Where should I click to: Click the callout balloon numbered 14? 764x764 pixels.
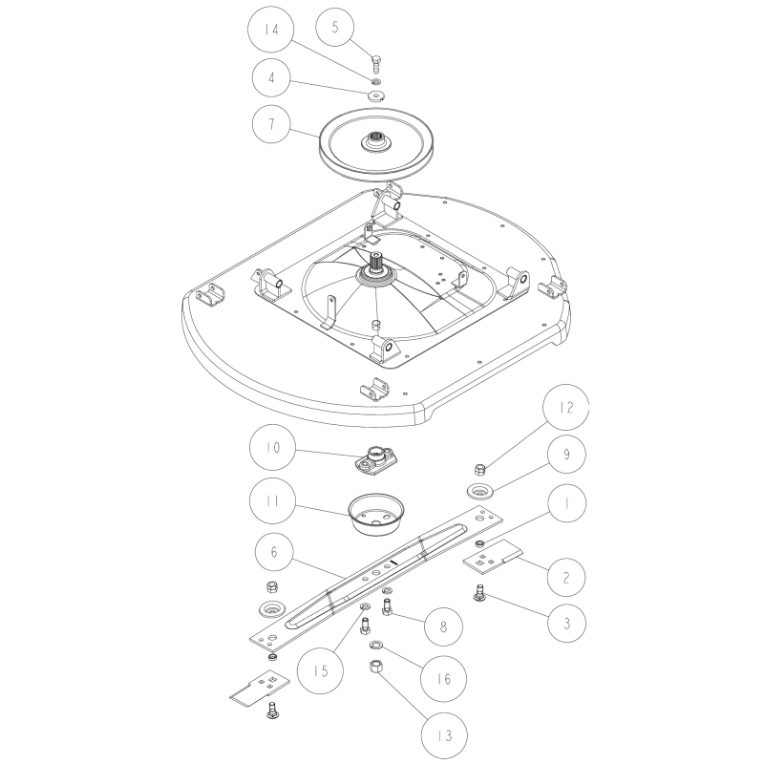click(271, 30)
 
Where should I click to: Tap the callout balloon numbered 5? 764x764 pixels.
click(335, 27)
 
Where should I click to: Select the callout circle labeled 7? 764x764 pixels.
click(271, 124)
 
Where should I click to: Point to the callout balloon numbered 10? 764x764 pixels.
click(272, 447)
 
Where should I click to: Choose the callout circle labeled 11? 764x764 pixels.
click(272, 500)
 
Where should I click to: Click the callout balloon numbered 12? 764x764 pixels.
click(565, 407)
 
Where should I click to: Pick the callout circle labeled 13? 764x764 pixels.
click(444, 735)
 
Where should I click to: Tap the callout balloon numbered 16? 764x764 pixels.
click(443, 679)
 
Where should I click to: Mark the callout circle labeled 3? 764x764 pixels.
click(566, 623)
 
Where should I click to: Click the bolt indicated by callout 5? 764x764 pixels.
click(375, 65)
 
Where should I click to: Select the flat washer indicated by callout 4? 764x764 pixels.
click(375, 95)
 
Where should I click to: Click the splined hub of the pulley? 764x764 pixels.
click(375, 142)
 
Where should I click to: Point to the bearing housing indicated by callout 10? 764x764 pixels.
click(374, 459)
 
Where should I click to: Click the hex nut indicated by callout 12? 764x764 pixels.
click(480, 469)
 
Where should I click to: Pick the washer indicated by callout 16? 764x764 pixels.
click(376, 647)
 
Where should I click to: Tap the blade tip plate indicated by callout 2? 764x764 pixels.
click(492, 555)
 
